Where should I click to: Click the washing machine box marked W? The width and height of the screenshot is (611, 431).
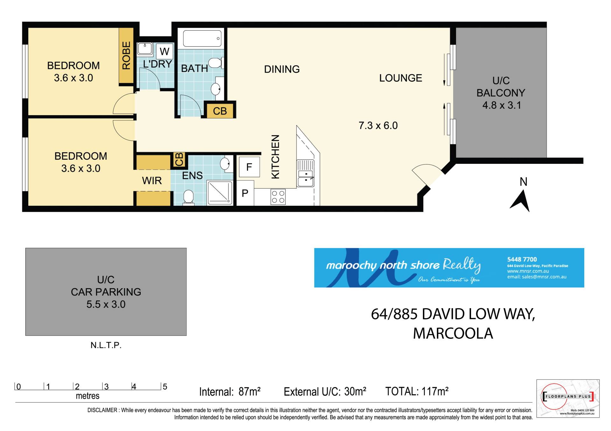click(x=165, y=51)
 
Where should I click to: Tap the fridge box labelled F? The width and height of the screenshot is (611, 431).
click(x=249, y=167)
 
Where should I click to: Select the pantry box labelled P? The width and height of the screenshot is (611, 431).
click(x=245, y=193)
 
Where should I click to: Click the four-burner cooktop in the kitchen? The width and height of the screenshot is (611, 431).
click(x=278, y=197)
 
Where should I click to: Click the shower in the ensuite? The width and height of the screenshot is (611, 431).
click(x=220, y=192)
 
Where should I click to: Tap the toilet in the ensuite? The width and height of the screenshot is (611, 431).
click(x=189, y=198)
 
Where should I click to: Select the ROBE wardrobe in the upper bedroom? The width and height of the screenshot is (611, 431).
click(x=126, y=56)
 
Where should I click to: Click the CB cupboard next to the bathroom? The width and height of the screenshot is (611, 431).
click(x=220, y=111)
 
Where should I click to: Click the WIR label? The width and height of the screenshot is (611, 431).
click(x=152, y=181)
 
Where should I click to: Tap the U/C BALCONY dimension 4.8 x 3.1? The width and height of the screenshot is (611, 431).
click(x=502, y=105)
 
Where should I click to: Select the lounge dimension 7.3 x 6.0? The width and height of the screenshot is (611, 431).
click(x=378, y=126)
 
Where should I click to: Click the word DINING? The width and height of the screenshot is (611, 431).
click(x=282, y=69)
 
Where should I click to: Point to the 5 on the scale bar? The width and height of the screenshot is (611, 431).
click(x=165, y=386)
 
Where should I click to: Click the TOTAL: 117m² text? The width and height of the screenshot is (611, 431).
click(x=417, y=391)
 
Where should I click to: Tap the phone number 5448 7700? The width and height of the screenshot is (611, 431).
click(x=522, y=259)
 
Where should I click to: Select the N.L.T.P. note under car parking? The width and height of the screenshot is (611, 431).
click(x=106, y=345)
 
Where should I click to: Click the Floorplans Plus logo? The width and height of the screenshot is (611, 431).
click(x=568, y=398)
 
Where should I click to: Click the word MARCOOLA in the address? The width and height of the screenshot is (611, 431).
click(x=453, y=333)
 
